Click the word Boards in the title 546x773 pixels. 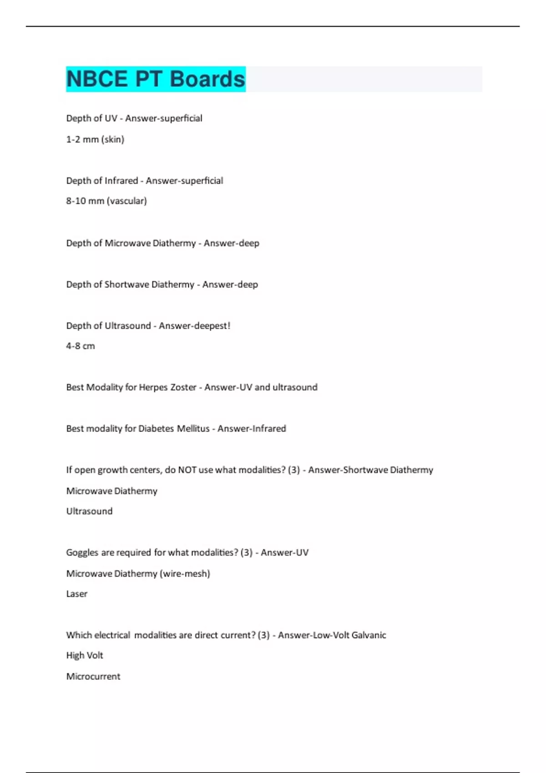(207, 79)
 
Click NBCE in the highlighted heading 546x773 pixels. (97, 79)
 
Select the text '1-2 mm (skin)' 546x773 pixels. (95, 139)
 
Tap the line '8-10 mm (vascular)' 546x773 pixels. (106, 201)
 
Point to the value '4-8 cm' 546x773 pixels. (81, 346)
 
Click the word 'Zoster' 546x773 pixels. (183, 387)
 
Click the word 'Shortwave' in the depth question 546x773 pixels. (126, 285)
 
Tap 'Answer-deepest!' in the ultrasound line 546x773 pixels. (194, 326)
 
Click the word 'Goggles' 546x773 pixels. (82, 552)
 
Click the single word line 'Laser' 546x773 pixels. (76, 594)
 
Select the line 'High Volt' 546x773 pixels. (85, 655)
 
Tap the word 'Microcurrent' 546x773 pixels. (93, 676)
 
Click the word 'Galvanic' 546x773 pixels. (369, 635)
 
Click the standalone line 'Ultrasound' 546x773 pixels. (89, 511)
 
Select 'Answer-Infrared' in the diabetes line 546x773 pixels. (252, 428)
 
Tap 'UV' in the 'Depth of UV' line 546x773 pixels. (111, 118)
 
